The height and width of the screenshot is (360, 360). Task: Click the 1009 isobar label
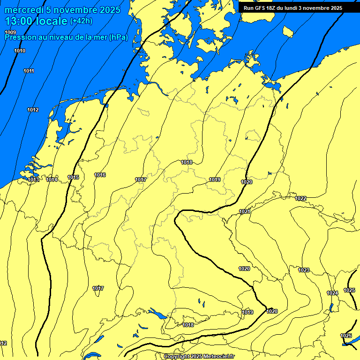click(10, 32)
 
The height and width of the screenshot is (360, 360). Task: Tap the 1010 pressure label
click(20, 51)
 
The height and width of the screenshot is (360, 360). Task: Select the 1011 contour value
click(29, 71)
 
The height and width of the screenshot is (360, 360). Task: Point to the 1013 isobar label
click(33, 180)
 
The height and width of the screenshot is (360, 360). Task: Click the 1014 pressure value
click(52, 180)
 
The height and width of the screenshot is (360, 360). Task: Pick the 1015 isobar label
click(73, 177)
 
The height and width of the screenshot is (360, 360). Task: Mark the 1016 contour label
click(100, 175)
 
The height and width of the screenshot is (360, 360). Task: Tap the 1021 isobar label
click(244, 212)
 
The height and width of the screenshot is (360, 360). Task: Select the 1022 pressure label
click(300, 199)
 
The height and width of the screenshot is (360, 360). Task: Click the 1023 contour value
click(304, 270)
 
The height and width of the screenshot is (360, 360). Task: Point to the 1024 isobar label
click(332, 293)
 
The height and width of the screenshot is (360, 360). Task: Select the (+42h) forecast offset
click(81, 21)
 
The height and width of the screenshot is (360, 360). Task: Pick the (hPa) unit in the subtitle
click(118, 37)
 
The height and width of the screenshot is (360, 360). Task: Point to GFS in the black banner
click(260, 8)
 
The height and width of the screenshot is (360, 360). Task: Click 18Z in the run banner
click(273, 8)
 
